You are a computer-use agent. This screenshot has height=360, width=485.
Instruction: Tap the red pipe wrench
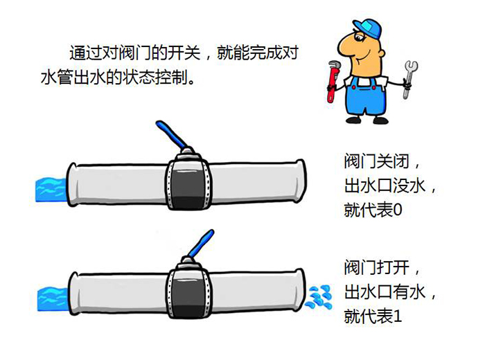(332, 81)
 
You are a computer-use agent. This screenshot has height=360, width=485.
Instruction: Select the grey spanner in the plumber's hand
(409, 79)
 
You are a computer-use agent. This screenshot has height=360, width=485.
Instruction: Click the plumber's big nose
(346, 46)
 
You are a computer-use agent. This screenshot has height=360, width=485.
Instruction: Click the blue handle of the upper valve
(170, 134)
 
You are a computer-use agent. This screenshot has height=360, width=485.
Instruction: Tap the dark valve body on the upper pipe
(188, 181)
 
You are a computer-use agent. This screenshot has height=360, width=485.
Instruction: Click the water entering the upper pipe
(51, 190)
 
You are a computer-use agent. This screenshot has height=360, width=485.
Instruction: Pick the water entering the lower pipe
(53, 299)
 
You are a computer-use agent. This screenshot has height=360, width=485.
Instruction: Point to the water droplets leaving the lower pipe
(319, 297)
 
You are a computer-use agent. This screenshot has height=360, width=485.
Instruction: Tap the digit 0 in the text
(398, 210)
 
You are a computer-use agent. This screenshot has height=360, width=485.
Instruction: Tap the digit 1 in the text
(397, 316)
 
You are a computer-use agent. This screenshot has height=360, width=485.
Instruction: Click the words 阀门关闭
(376, 161)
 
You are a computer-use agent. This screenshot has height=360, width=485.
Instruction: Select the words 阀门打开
(376, 267)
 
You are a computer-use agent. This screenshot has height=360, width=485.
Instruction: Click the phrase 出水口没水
(385, 186)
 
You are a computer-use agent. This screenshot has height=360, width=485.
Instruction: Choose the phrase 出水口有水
(385, 292)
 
